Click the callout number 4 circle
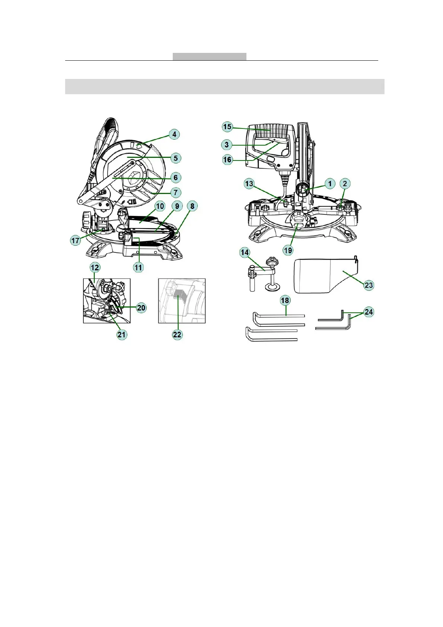tap(174, 134)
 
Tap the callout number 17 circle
tap(76, 241)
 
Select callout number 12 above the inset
tap(95, 267)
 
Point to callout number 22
tap(177, 334)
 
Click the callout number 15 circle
tap(227, 127)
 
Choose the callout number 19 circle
tap(288, 250)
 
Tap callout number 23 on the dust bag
tap(369, 285)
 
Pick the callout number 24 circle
tap(369, 312)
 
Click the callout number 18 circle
tap(285, 300)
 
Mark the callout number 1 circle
tap(330, 183)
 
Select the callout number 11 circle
tap(138, 267)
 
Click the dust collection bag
tap(320, 276)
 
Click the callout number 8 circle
tap(192, 206)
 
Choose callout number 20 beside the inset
tap(141, 308)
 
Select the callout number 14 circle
tap(245, 252)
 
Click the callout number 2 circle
tap(345, 183)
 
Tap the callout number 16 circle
tap(227, 160)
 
